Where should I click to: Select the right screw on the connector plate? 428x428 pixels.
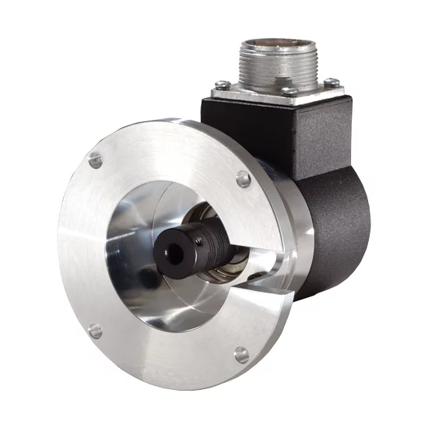coord(332,82)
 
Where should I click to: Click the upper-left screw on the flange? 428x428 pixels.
coord(96,160)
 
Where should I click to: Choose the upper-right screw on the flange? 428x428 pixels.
coord(244,179)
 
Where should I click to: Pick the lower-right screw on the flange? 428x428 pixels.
coord(242,355)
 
